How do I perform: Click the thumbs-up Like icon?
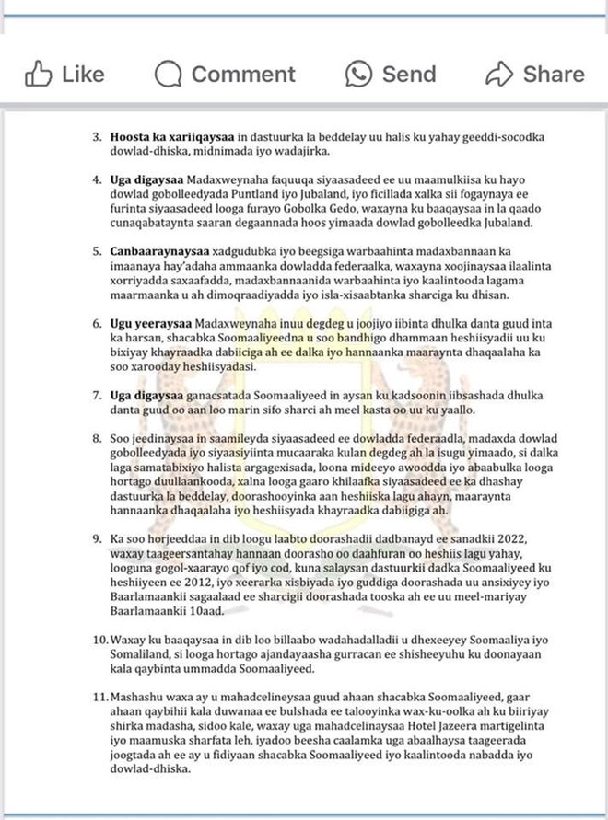[38, 74]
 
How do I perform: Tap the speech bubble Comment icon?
[169, 74]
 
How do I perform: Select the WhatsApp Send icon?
[359, 74]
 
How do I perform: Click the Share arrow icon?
[498, 74]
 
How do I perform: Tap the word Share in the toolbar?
[554, 74]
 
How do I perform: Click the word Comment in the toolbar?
[243, 74]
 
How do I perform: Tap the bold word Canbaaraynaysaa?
[161, 249]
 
